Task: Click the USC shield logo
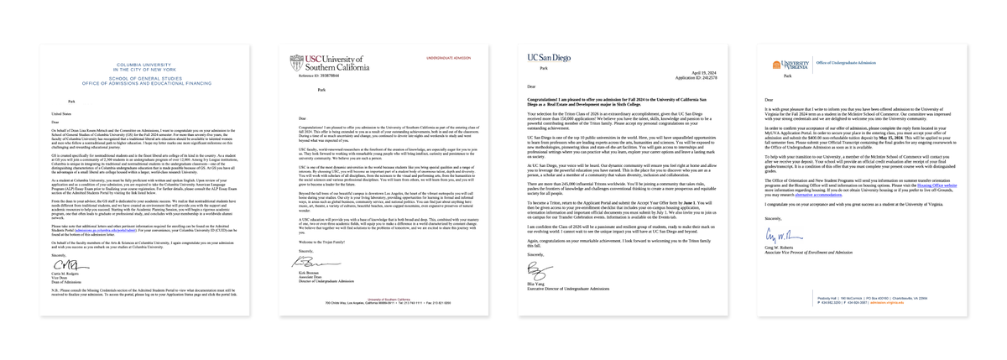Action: click(x=295, y=63)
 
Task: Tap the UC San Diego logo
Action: click(x=548, y=58)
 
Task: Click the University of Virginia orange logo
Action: click(x=778, y=65)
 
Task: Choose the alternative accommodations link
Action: click(x=812, y=195)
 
